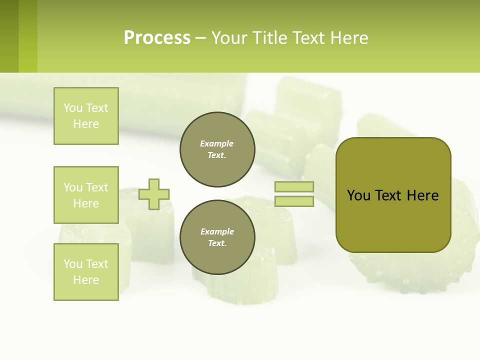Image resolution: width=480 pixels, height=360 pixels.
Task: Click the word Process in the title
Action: [157, 38]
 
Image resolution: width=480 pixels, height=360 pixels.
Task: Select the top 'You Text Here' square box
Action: [86, 116]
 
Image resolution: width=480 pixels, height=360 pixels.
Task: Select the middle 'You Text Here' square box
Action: [86, 195]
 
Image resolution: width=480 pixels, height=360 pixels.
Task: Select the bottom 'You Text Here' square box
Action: [86, 272]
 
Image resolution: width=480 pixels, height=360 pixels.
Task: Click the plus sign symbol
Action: [154, 194]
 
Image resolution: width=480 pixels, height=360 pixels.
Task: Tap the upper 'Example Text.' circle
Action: [217, 149]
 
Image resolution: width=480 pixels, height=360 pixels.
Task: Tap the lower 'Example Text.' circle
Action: [217, 237]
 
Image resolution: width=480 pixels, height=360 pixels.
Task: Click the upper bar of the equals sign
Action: [294, 187]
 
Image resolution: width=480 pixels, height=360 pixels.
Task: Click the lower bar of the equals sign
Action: [294, 201]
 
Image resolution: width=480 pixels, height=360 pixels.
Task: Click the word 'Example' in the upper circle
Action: [217, 143]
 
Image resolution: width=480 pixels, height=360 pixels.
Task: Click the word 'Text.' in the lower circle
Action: [217, 243]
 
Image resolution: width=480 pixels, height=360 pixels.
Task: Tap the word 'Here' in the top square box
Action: [86, 124]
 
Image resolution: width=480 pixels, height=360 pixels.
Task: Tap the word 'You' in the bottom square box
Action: [73, 264]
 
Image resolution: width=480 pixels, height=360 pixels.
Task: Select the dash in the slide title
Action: [200, 38]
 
